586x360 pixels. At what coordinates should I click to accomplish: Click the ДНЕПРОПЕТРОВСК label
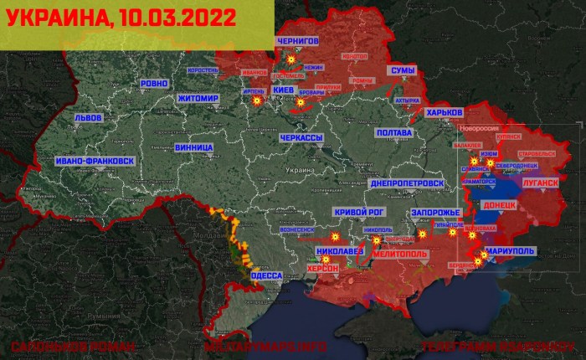tap(405, 183)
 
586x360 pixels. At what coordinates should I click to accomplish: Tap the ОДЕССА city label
tap(267, 275)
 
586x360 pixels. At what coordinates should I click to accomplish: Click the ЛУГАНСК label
tap(537, 182)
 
